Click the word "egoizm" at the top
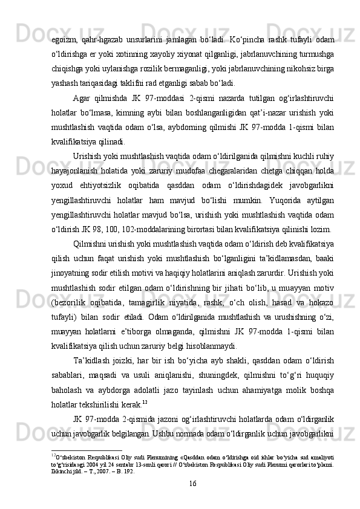65,30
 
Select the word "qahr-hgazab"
105,30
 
